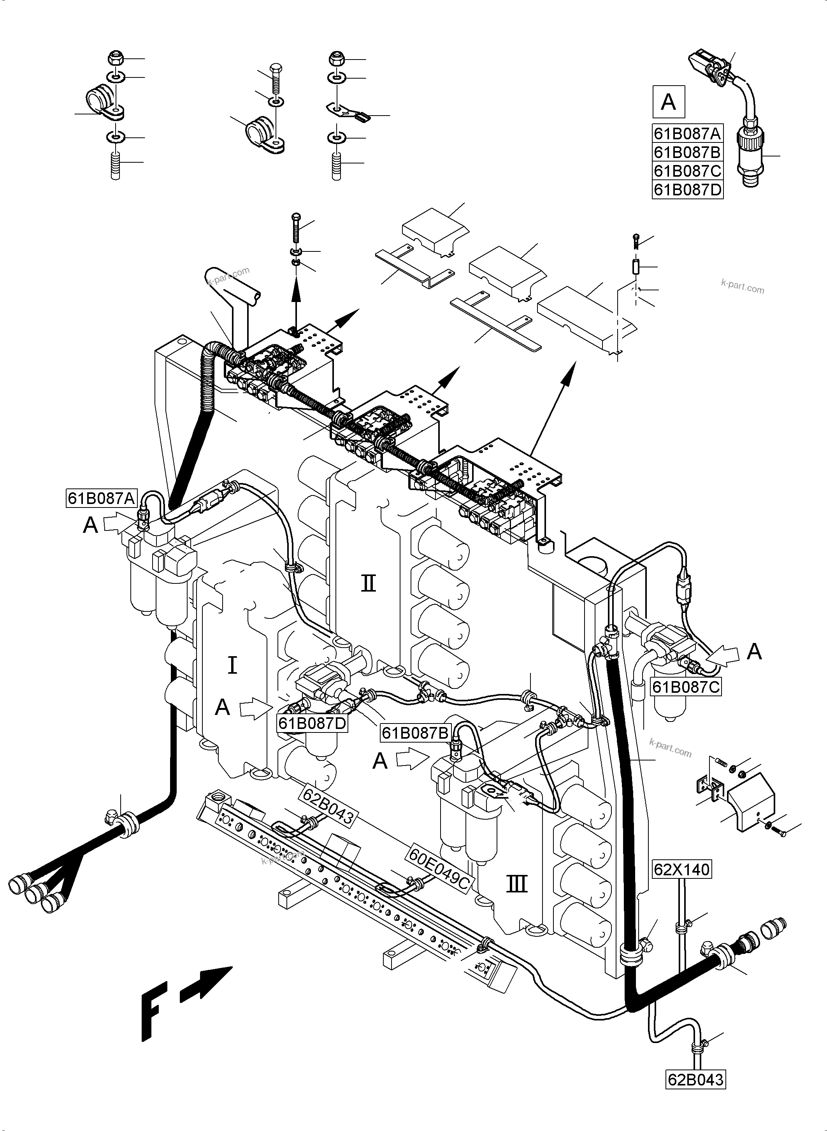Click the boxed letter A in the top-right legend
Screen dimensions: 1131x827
(668, 102)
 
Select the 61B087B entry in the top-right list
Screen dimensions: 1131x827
(687, 152)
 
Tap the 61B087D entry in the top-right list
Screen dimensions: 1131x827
(687, 190)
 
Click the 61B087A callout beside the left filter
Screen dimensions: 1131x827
(102, 499)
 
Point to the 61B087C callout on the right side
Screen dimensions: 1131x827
(686, 687)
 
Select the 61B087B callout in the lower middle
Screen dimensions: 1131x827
(416, 733)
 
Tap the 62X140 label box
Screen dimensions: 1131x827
(682, 869)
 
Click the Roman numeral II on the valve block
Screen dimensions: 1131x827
(369, 584)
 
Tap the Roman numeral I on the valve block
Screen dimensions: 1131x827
(232, 666)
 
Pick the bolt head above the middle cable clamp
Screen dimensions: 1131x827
(275, 68)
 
